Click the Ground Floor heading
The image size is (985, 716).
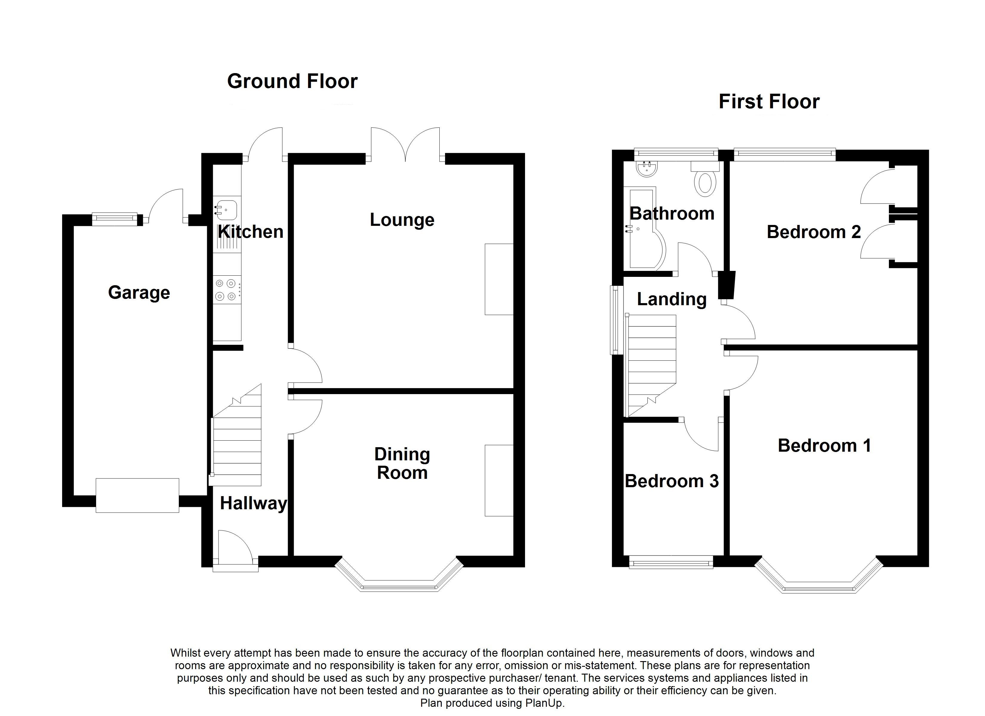point(292,81)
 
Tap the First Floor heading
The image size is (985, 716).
point(769,101)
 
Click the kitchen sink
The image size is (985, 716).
point(226,210)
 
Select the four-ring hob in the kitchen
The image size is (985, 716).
point(226,290)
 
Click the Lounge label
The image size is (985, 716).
point(402,220)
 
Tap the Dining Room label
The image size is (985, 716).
point(402,463)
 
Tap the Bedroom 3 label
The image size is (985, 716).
point(671,481)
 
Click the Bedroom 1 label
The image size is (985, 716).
point(824,445)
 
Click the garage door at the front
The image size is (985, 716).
point(137,496)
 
